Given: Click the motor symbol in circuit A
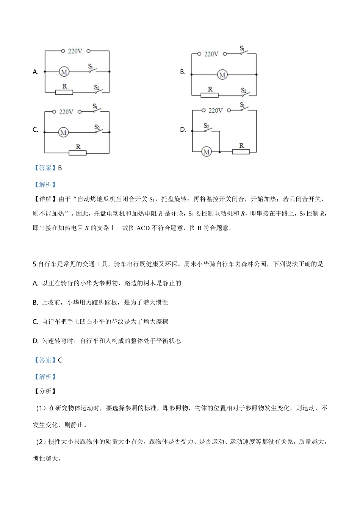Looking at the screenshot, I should (64, 72).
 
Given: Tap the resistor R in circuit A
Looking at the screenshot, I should (64, 92).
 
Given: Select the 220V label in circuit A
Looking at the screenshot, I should (75, 51).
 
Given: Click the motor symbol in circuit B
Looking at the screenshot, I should (222, 75).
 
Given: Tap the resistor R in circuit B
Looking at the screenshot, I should (210, 95).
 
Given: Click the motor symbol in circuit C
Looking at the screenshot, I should (63, 133).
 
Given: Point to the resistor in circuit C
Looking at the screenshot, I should (78, 153).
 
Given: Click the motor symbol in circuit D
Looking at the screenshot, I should (207, 152).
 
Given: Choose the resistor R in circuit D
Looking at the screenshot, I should (241, 151).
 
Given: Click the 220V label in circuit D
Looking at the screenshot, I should (216, 110).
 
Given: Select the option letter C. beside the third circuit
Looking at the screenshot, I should (36, 130).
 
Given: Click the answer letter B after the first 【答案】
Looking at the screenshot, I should (60, 168).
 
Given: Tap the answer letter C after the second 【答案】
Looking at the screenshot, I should (60, 360).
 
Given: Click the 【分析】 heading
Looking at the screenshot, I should (45, 391).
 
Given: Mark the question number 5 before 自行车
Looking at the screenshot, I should (35, 264).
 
